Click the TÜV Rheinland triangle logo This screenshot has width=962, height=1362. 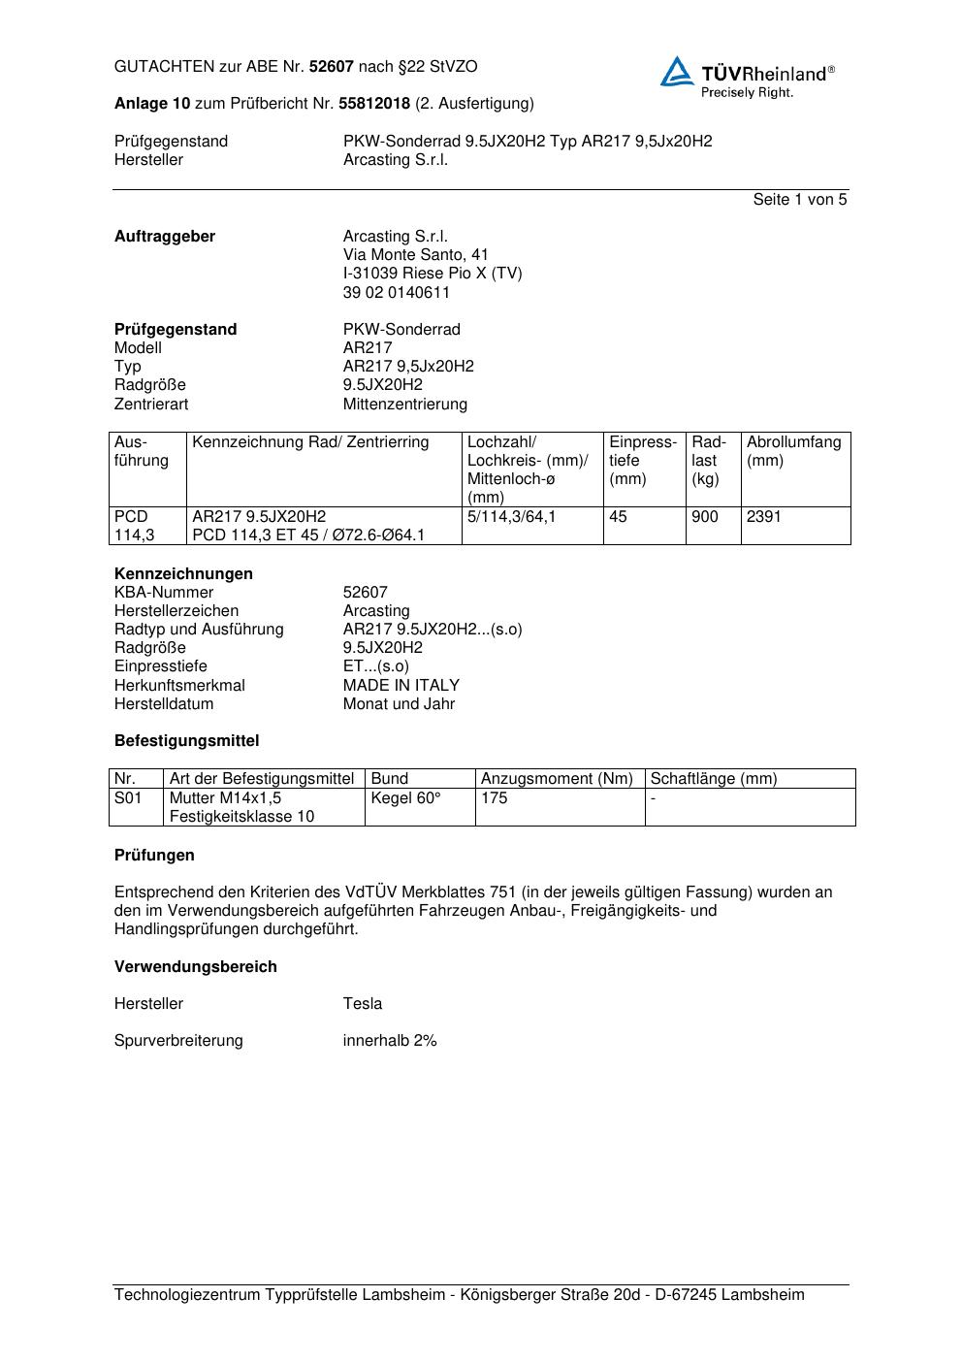(677, 72)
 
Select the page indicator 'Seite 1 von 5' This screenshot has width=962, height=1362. (799, 200)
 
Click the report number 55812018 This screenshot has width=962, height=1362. (374, 104)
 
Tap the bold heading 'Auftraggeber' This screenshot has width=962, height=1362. (165, 237)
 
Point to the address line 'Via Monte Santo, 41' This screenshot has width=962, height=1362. (415, 255)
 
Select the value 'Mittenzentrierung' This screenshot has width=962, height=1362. (404, 404)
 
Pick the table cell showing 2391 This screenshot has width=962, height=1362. (763, 517)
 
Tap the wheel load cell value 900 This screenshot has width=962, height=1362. (705, 517)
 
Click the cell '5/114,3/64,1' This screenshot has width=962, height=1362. (511, 517)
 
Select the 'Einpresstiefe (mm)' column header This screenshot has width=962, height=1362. (642, 460)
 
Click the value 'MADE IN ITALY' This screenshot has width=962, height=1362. (401, 685)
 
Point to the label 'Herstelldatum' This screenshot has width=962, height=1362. (164, 703)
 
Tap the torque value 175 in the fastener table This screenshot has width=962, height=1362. (495, 798)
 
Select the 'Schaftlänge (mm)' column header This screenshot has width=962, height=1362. (713, 779)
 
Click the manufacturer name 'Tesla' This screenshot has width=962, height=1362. (362, 1004)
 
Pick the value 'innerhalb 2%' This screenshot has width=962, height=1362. (389, 1041)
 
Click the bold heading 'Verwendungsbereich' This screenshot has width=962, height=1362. (195, 967)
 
